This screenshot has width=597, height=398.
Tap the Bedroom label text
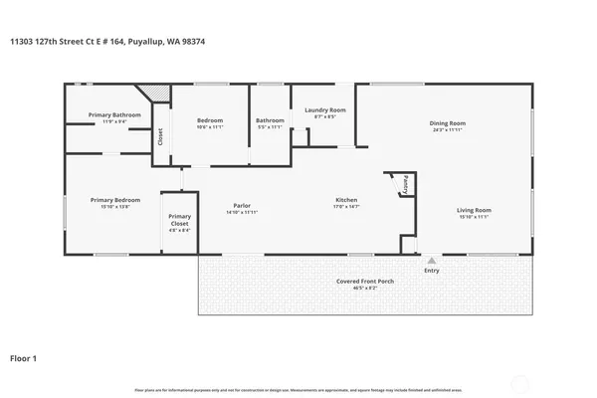pos(208,120)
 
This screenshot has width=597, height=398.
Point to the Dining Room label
pos(449,123)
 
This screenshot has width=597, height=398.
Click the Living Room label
pos(474,210)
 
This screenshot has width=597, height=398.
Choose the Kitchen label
pos(345,200)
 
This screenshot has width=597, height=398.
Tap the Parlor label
pos(242,206)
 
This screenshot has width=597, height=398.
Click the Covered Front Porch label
pos(365,282)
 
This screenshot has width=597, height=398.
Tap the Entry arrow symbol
pos(432,261)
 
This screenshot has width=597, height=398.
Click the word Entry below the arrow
pos(432,271)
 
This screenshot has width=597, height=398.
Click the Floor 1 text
pos(24,356)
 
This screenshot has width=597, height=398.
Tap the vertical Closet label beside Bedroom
pos(160,137)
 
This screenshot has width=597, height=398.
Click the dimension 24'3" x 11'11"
pos(449,129)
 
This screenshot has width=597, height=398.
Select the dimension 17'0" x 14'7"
pos(345,206)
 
